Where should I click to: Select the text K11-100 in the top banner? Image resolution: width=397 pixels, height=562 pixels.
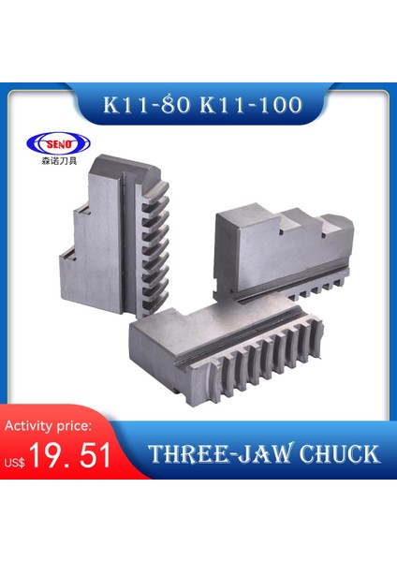tap(247, 105)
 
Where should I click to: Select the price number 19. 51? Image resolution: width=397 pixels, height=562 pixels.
tap(71, 455)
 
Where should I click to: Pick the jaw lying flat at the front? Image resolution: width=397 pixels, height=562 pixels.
tap(225, 351)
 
